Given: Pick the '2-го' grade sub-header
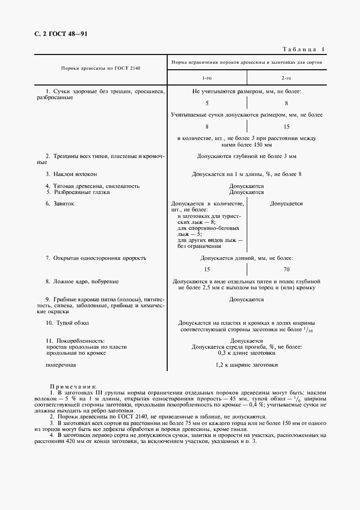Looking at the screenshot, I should pyautogui.click(x=286, y=78).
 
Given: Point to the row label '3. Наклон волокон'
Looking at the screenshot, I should pyautogui.click(x=71, y=174).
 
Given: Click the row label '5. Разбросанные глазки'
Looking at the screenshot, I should pyautogui.click(x=78, y=192).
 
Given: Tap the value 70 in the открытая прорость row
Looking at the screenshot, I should pyautogui.click(x=286, y=270).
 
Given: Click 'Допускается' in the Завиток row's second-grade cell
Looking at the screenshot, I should pyautogui.click(x=286, y=203).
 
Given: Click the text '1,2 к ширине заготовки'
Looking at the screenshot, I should pyautogui.click(x=247, y=365).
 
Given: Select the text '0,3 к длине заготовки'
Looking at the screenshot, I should pyautogui.click(x=247, y=353).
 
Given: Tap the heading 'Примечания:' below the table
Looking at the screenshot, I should pyautogui.click(x=73, y=385).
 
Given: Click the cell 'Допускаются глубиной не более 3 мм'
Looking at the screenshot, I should pyautogui.click(x=247, y=156).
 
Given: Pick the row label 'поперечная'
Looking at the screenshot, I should pyautogui.click(x=61, y=365).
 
